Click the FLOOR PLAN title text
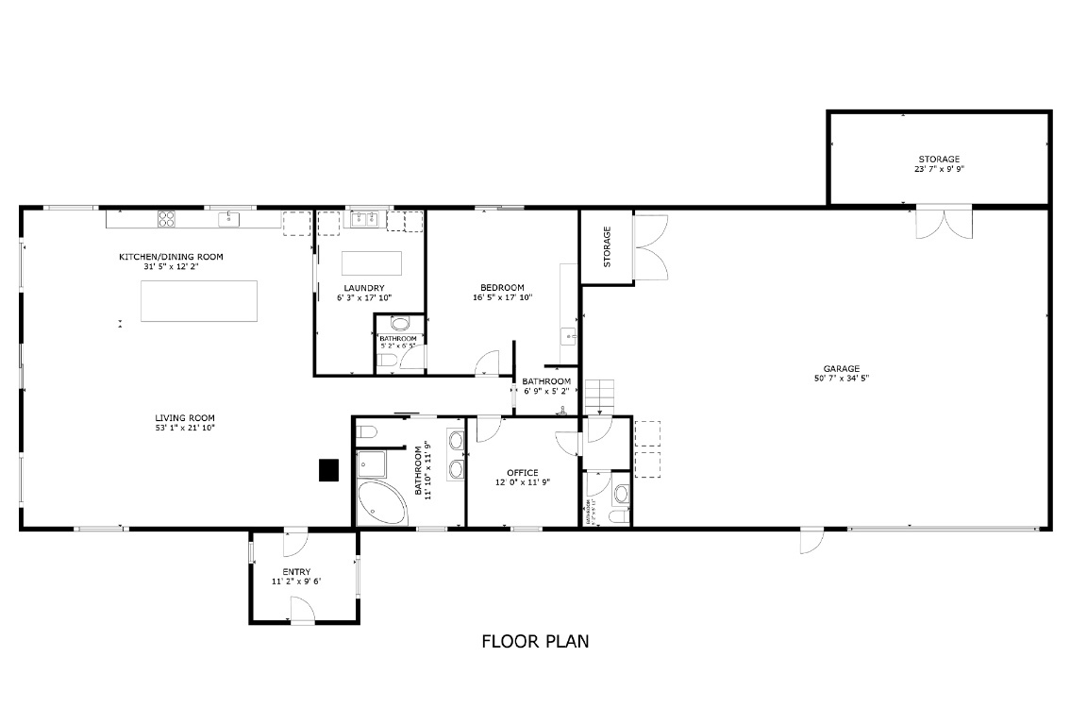coord(535,642)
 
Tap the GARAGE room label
coord(841,369)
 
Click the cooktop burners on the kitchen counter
coord(166,219)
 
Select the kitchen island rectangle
coord(199,301)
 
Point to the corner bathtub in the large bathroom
coord(380,503)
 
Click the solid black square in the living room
coord(327,469)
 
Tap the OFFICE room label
coord(522,473)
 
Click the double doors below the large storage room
coord(943,223)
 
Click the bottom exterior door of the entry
coord(302,612)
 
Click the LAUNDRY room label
coord(363,288)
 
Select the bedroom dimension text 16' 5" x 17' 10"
coord(503,298)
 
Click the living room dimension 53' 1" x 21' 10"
coord(186,429)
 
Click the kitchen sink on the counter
coord(228,220)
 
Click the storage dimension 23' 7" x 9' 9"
coord(939,170)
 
